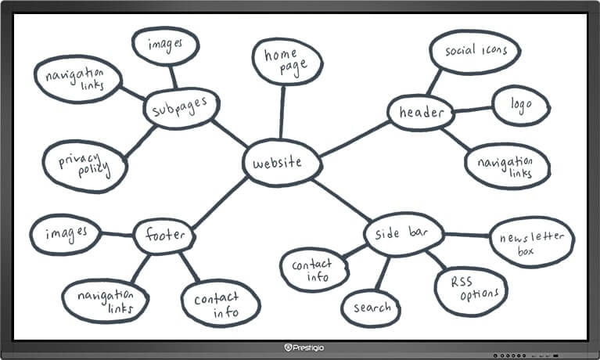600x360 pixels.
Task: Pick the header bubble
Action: tap(422, 113)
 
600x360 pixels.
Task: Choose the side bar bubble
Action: tap(404, 234)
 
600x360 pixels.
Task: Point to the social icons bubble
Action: tap(471, 51)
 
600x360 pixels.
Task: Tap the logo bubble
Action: tap(520, 105)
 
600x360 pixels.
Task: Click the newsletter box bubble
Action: tap(531, 241)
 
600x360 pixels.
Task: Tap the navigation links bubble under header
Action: tap(508, 166)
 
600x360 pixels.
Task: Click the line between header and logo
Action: tap(472, 110)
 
